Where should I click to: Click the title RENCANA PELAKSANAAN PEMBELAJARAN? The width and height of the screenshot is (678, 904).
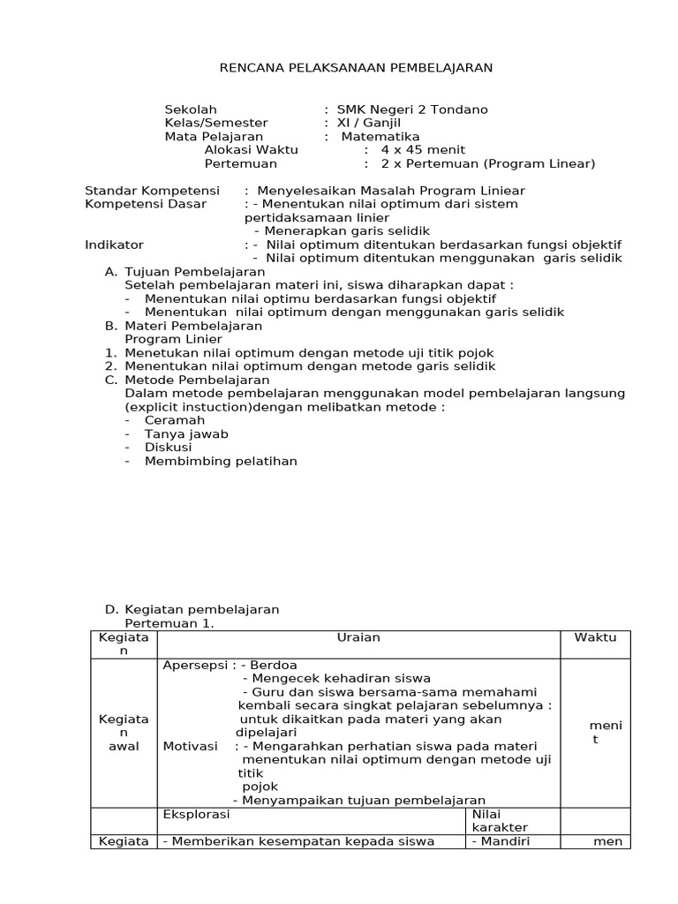pos(356,67)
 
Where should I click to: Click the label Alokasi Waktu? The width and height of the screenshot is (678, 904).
pos(251,150)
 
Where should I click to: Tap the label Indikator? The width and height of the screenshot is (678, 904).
pos(114,245)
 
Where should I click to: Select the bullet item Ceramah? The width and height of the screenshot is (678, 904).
pos(174,420)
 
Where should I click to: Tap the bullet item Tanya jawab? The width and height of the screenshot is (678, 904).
pos(186,433)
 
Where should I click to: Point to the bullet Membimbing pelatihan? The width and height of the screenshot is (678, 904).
pos(221,461)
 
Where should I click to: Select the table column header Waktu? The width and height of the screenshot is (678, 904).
pos(595,637)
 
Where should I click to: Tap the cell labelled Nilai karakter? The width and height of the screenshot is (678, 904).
pos(500,820)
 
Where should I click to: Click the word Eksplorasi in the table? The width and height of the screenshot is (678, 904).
pos(196,813)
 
